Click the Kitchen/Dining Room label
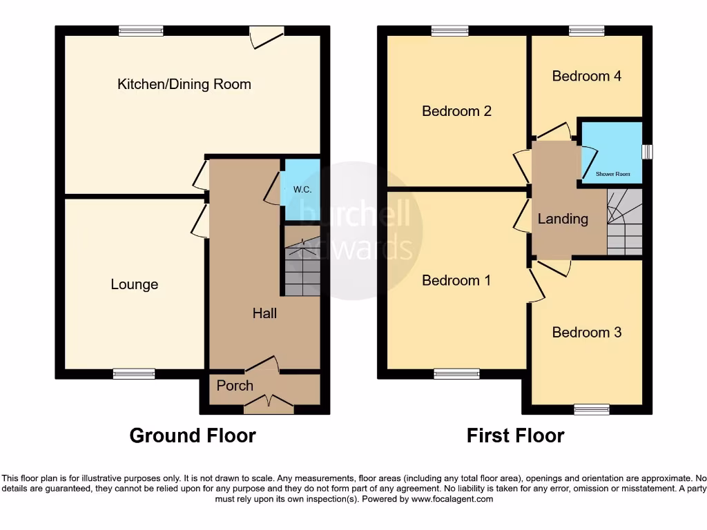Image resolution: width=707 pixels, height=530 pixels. tap(184, 84)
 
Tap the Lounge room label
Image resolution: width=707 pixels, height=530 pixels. tap(135, 284)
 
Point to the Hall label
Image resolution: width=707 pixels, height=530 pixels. tap(264, 313)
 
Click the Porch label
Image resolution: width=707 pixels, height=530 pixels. tap(235, 385)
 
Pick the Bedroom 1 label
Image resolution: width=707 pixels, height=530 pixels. tap(456, 280)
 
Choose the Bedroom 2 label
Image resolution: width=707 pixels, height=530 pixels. tap(456, 110)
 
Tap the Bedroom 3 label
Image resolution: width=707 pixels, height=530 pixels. tap(587, 332)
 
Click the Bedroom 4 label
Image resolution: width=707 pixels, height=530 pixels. tap(587, 76)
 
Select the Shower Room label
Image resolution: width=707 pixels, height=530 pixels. tap(613, 175)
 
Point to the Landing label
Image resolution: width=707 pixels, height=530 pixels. tap(563, 219)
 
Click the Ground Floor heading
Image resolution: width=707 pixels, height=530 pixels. tap(193, 435)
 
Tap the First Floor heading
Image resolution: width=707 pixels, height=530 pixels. tap(515, 435)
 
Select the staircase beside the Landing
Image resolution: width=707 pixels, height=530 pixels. tap(624, 222)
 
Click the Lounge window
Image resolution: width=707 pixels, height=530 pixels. tap(135, 373)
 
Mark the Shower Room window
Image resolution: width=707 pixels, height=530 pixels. tap(647, 152)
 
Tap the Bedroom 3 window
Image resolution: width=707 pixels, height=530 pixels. tap(592, 409)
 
